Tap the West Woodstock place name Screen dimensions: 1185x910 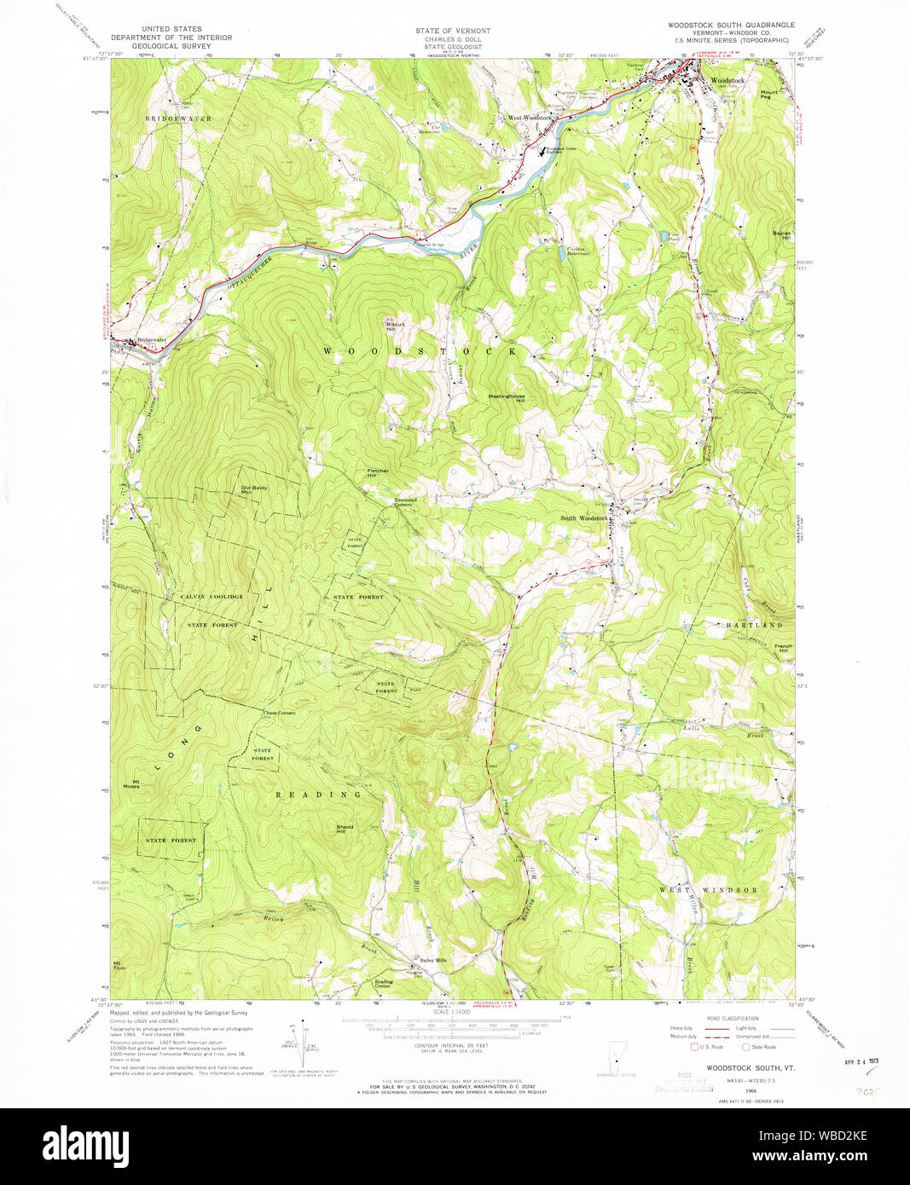(530, 118)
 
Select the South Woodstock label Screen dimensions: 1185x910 (583, 518)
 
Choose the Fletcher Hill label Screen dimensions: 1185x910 (378, 472)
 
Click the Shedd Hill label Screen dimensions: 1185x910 (345, 829)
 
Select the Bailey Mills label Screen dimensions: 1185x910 (432, 960)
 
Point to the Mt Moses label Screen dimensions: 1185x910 (130, 783)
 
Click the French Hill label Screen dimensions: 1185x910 (783, 648)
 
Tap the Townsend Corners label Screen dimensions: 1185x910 (404, 502)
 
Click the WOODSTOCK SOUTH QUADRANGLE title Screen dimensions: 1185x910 (730, 26)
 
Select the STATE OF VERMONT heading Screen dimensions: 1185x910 (453, 31)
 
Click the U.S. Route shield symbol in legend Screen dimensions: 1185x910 (694, 1046)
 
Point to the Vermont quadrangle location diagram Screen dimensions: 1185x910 (621, 1057)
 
